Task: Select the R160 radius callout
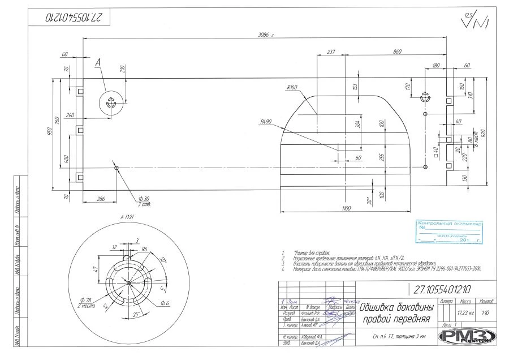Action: [x=292, y=88]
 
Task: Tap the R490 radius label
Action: [x=266, y=122]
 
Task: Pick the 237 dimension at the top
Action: [x=331, y=52]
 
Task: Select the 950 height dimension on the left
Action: [x=50, y=132]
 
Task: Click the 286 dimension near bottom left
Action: [x=100, y=199]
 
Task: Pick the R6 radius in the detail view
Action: [x=144, y=249]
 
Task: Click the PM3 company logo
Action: [x=467, y=336]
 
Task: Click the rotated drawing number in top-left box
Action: [x=70, y=18]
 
